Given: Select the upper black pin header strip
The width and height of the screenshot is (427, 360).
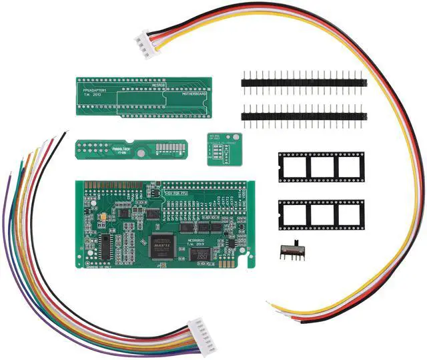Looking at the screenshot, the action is pos(304,83).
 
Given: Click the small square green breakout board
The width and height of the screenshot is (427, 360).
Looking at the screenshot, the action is pos(222,149).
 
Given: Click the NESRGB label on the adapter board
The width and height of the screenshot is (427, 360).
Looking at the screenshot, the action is pos(158,85).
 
